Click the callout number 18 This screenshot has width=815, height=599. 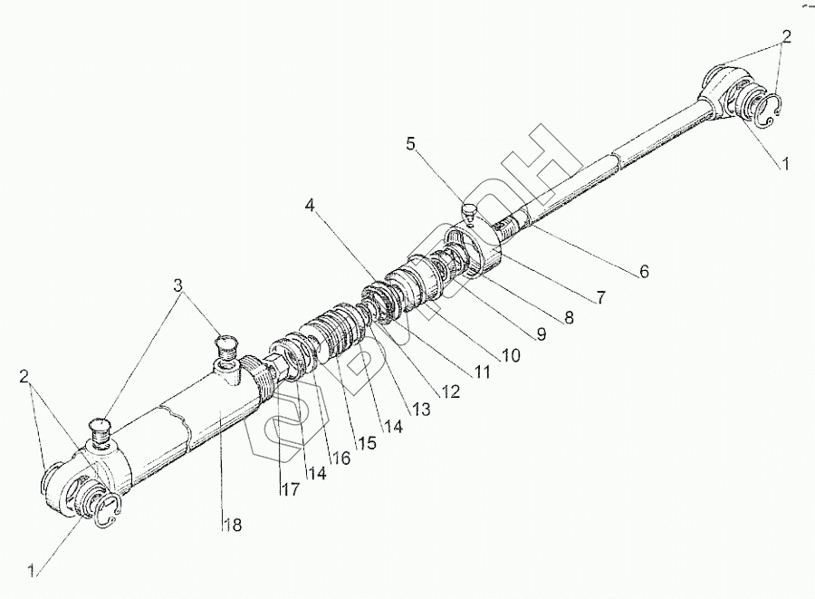[234, 526]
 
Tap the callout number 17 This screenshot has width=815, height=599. [291, 489]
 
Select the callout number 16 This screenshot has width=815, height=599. [341, 459]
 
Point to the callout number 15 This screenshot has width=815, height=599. [367, 442]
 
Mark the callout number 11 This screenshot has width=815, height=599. [482, 372]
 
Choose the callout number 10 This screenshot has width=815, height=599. [512, 355]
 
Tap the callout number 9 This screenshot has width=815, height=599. [542, 334]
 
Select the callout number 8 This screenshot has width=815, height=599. [570, 316]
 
